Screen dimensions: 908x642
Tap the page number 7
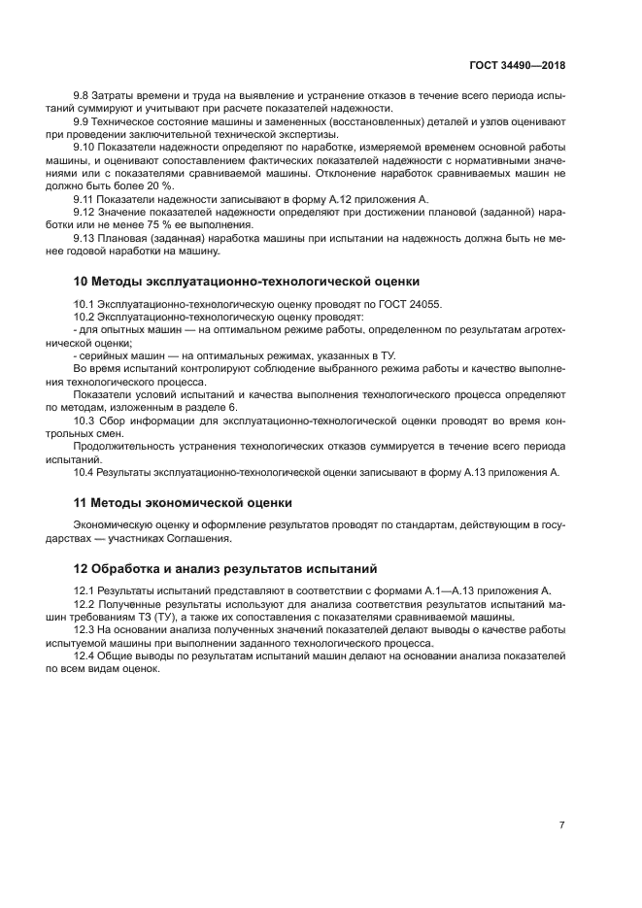point(561,824)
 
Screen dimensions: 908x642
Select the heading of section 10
point(247,282)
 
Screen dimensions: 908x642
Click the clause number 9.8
point(84,95)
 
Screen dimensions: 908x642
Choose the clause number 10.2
point(86,317)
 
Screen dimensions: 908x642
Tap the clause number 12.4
point(86,656)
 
